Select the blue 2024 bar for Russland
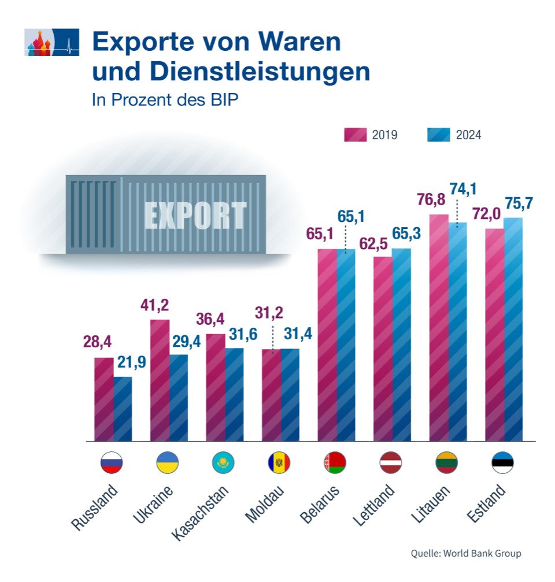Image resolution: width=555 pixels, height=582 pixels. [x=123, y=409]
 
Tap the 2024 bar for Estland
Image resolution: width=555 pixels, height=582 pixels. [x=513, y=329]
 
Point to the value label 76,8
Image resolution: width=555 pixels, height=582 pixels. [x=433, y=200]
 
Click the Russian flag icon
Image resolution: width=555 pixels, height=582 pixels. [x=112, y=463]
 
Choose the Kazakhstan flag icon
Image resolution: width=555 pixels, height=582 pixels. [x=224, y=463]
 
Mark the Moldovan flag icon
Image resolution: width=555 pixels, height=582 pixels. [x=279, y=463]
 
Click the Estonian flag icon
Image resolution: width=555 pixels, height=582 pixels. [x=502, y=463]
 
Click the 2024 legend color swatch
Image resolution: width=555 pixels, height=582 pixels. [x=438, y=135]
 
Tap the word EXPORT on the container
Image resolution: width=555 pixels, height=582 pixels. [x=195, y=216]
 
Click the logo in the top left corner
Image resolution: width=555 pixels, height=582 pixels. [x=51, y=42]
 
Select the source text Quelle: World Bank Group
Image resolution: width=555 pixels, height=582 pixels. [x=465, y=553]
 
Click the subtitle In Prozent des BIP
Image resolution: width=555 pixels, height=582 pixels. [x=165, y=99]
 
